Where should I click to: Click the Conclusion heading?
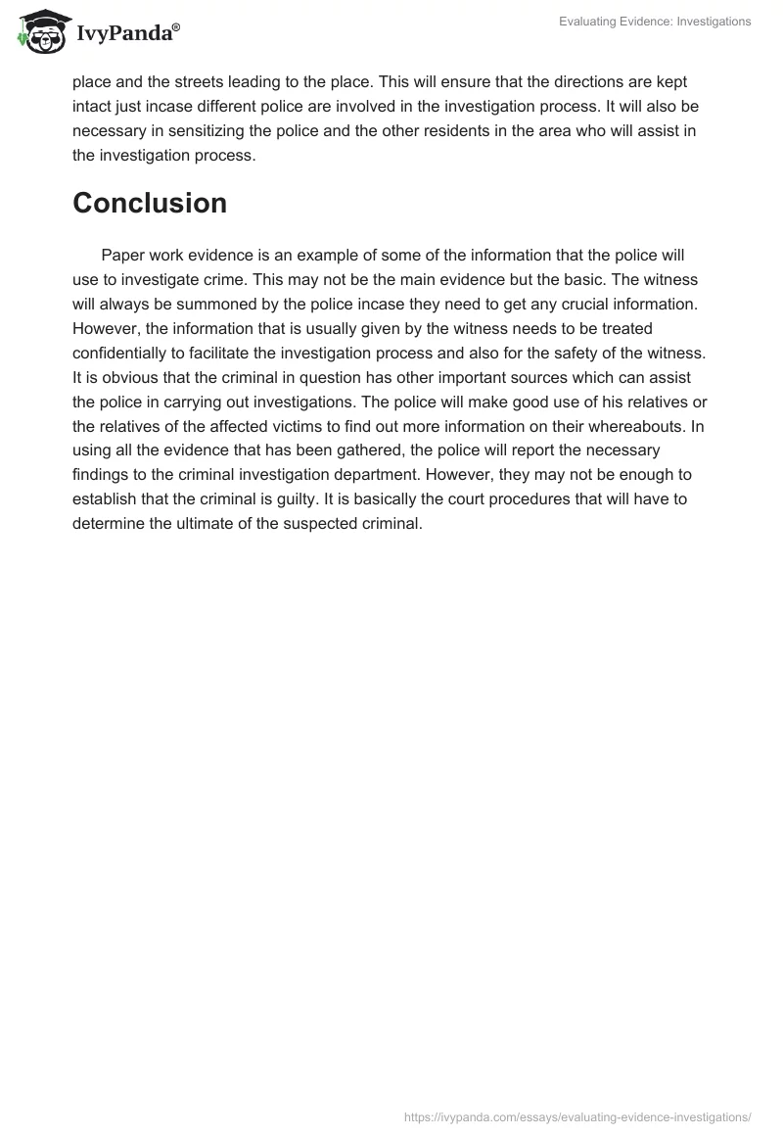point(150,203)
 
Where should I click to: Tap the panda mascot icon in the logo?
point(39,32)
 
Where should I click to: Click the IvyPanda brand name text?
point(128,33)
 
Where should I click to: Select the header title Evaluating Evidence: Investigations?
point(655,22)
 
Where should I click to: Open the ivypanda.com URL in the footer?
point(577,1115)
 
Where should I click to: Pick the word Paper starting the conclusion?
point(122,255)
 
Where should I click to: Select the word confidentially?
point(132,353)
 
